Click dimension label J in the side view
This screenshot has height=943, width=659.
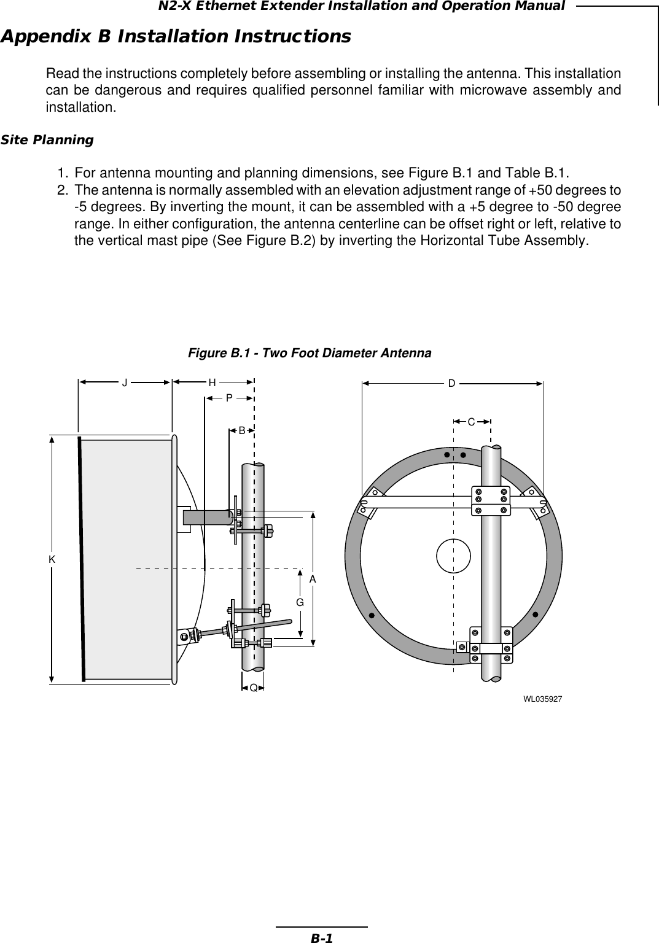(x=125, y=382)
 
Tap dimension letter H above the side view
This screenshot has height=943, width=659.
(x=212, y=382)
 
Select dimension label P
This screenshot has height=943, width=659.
(x=229, y=398)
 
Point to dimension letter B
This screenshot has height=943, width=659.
(x=243, y=431)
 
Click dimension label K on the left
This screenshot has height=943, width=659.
(x=52, y=559)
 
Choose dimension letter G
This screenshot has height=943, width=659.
(x=300, y=603)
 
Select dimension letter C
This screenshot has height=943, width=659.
(x=471, y=422)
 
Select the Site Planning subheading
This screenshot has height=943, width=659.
(x=47, y=140)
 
